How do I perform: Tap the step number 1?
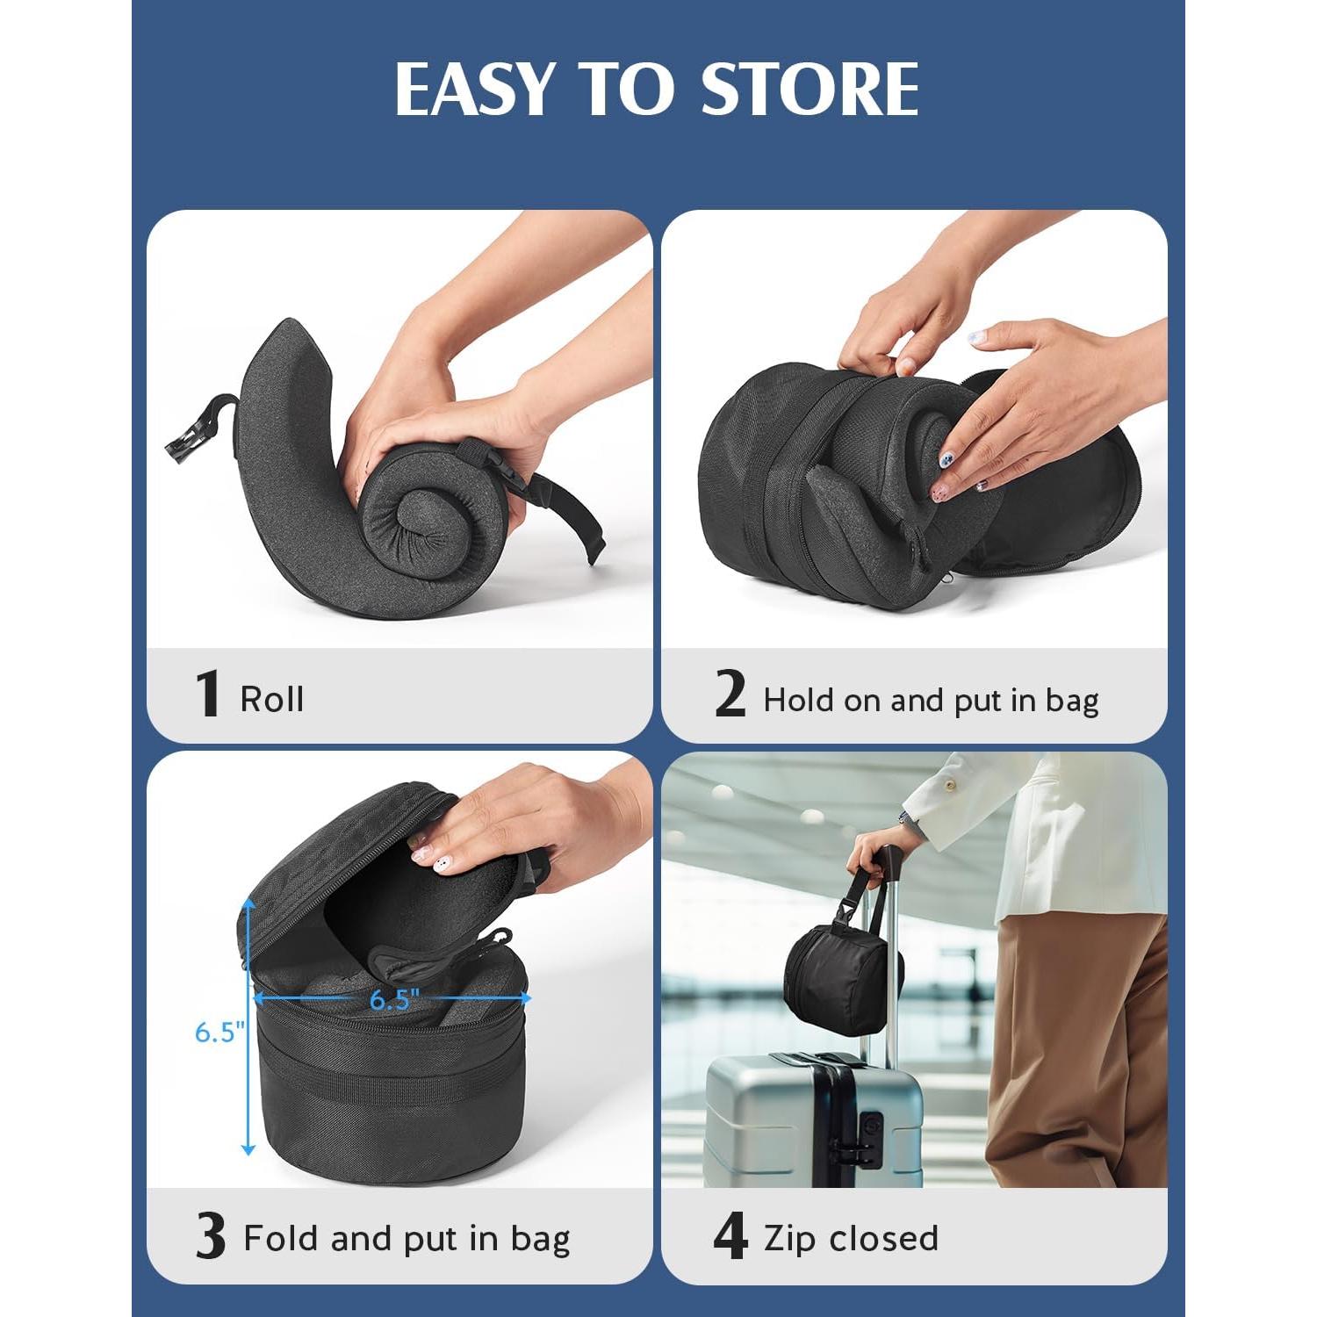coord(207,694)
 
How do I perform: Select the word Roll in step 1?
coord(272,700)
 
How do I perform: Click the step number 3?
coord(210,1237)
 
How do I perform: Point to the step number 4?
coord(730,1237)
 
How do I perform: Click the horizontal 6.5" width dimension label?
coord(394,1000)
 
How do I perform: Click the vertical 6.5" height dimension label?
coord(215,1033)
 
